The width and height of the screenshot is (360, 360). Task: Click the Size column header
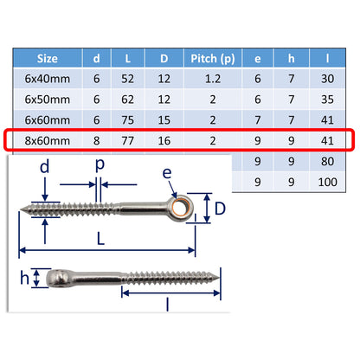(48, 59)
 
